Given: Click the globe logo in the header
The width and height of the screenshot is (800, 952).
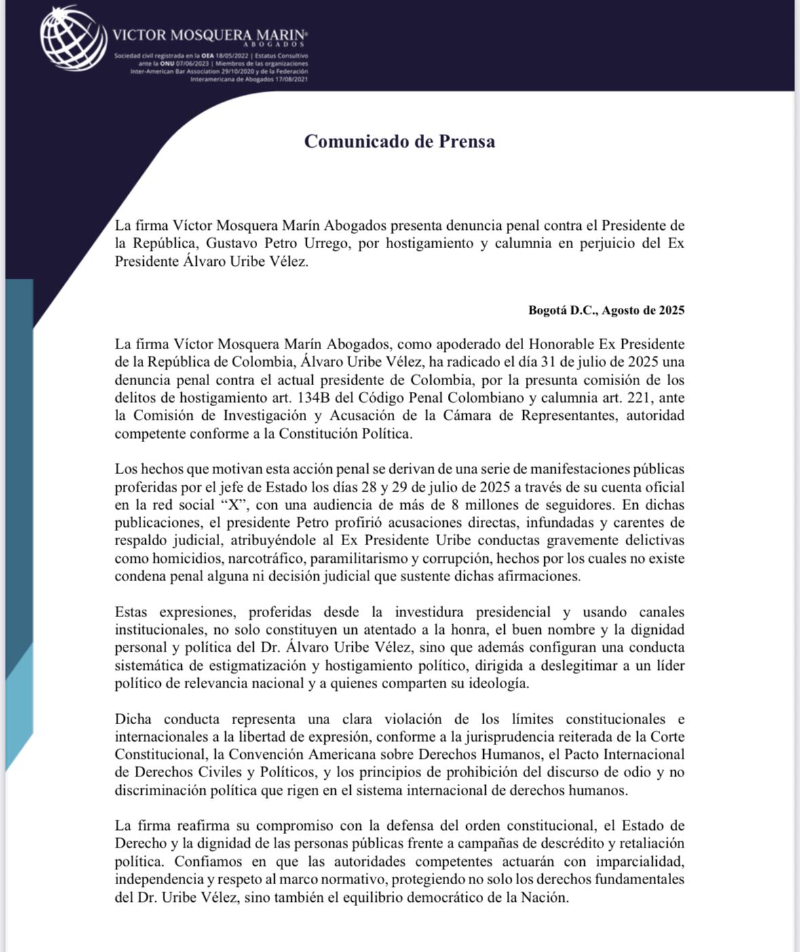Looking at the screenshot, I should pos(73,38).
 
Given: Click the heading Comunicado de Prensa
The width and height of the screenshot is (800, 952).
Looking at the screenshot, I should pos(399,141).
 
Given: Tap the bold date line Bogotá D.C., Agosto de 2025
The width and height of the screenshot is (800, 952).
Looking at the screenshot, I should pos(606,311).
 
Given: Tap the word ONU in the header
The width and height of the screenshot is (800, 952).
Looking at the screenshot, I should pos(167,63).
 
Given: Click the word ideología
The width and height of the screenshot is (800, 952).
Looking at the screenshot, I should pos(498,683).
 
